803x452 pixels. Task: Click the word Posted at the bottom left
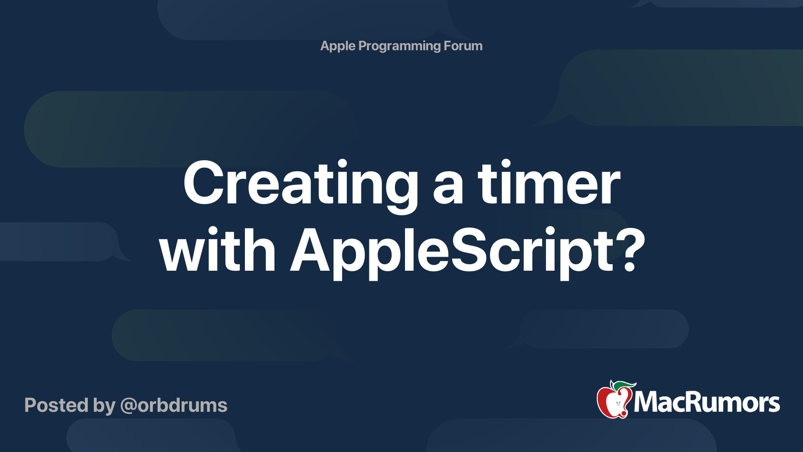(x=56, y=405)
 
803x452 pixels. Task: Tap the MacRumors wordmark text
(x=707, y=402)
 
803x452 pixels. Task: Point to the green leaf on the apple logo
(x=621, y=386)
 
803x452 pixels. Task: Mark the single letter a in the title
(x=448, y=188)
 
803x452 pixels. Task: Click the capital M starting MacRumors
(x=648, y=402)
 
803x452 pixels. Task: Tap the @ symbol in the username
(x=128, y=407)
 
